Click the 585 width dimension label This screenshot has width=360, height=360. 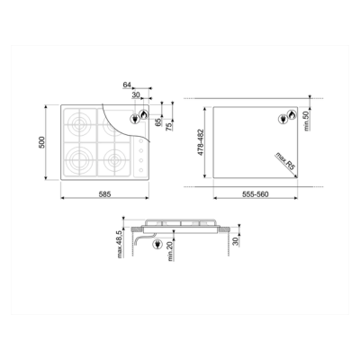pos(104,194)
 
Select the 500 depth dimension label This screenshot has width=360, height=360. pos(41,142)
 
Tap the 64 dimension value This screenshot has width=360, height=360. pos(127,85)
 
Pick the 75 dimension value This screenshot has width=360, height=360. pos(169,126)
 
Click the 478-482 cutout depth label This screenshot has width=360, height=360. pos(201,142)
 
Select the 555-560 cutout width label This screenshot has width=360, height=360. pos(256,194)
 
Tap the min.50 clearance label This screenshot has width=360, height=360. pos(306,121)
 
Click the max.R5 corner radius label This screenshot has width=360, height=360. pos(285,161)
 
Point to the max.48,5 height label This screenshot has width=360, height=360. pos(120,244)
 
